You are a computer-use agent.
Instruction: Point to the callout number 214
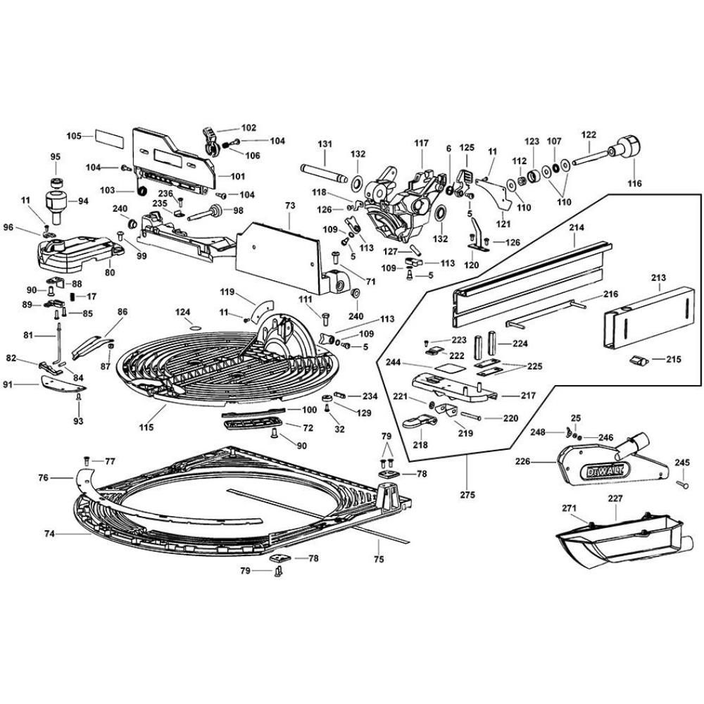(x=577, y=229)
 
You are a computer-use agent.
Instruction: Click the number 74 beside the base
(x=49, y=534)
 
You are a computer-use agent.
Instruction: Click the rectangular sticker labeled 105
(x=108, y=135)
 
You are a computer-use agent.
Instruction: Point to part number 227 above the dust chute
(x=615, y=498)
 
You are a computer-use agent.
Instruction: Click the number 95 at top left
(x=56, y=156)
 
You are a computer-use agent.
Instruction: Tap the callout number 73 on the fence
(x=289, y=204)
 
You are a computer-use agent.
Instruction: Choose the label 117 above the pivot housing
(x=421, y=144)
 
